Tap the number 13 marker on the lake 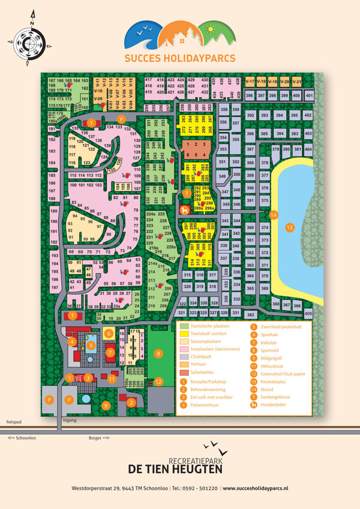[289, 227]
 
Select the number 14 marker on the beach [273, 214]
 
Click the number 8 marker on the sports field [158, 354]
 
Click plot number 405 [308, 314]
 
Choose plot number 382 [251, 315]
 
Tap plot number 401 [310, 95]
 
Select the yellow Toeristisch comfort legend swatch [184, 334]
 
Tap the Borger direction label [96, 438]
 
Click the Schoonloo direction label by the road [22, 438]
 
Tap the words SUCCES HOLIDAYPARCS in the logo [179, 58]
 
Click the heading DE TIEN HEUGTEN [179, 469]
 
